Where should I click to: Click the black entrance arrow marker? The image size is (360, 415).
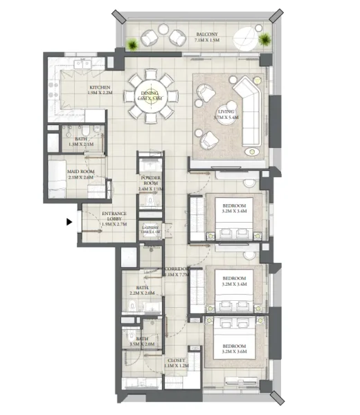[x=69, y=222]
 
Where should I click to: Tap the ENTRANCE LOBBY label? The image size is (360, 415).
[x=113, y=217]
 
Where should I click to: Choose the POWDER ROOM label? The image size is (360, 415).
[x=150, y=185]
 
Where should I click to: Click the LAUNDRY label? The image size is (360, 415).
[x=151, y=229]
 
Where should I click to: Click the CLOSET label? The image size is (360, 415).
[x=176, y=360]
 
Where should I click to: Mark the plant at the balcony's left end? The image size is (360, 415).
[x=132, y=46]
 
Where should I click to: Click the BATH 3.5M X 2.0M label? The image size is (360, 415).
[x=142, y=341]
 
